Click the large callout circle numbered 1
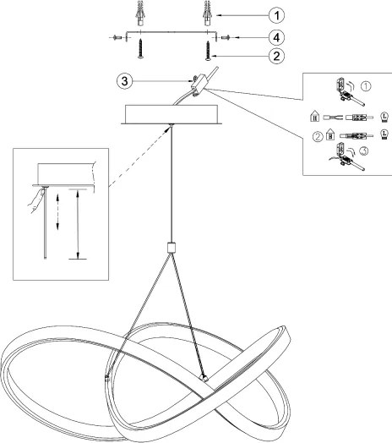pos(276,15)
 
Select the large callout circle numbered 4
pos(276,37)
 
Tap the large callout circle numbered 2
pos(276,56)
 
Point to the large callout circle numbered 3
pos(124,81)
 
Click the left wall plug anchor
pos(140,13)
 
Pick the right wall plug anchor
pos(208,13)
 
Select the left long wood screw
pos(140,49)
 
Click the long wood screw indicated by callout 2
pos(208,50)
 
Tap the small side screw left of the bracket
pos(117,37)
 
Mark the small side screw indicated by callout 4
pos(226,37)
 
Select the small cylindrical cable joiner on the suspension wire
pos(171,247)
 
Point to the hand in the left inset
pos(36,200)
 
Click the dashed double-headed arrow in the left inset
pos(57,211)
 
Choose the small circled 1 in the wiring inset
pos(366,86)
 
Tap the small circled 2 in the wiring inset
pos(318,137)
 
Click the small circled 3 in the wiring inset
pos(364,151)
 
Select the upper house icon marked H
pos(314,116)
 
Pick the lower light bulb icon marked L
pos(384,134)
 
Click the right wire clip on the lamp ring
pos(204,378)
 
